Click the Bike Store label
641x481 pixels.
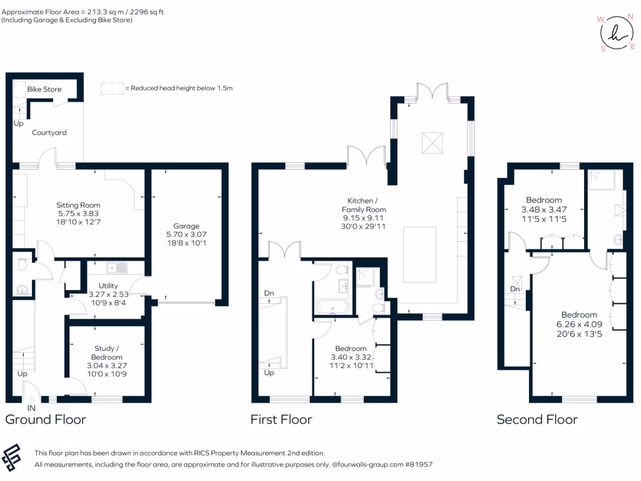44,89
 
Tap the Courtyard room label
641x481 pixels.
49,133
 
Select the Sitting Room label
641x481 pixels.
78,205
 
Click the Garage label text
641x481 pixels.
187,226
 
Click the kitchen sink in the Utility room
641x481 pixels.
117,268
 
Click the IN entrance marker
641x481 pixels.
31,408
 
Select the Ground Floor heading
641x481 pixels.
46,419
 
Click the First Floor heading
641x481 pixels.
281,419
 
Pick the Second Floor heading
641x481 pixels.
537,419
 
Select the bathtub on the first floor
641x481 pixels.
332,308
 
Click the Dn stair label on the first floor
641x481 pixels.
269,293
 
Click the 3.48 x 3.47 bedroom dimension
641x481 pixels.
543,210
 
